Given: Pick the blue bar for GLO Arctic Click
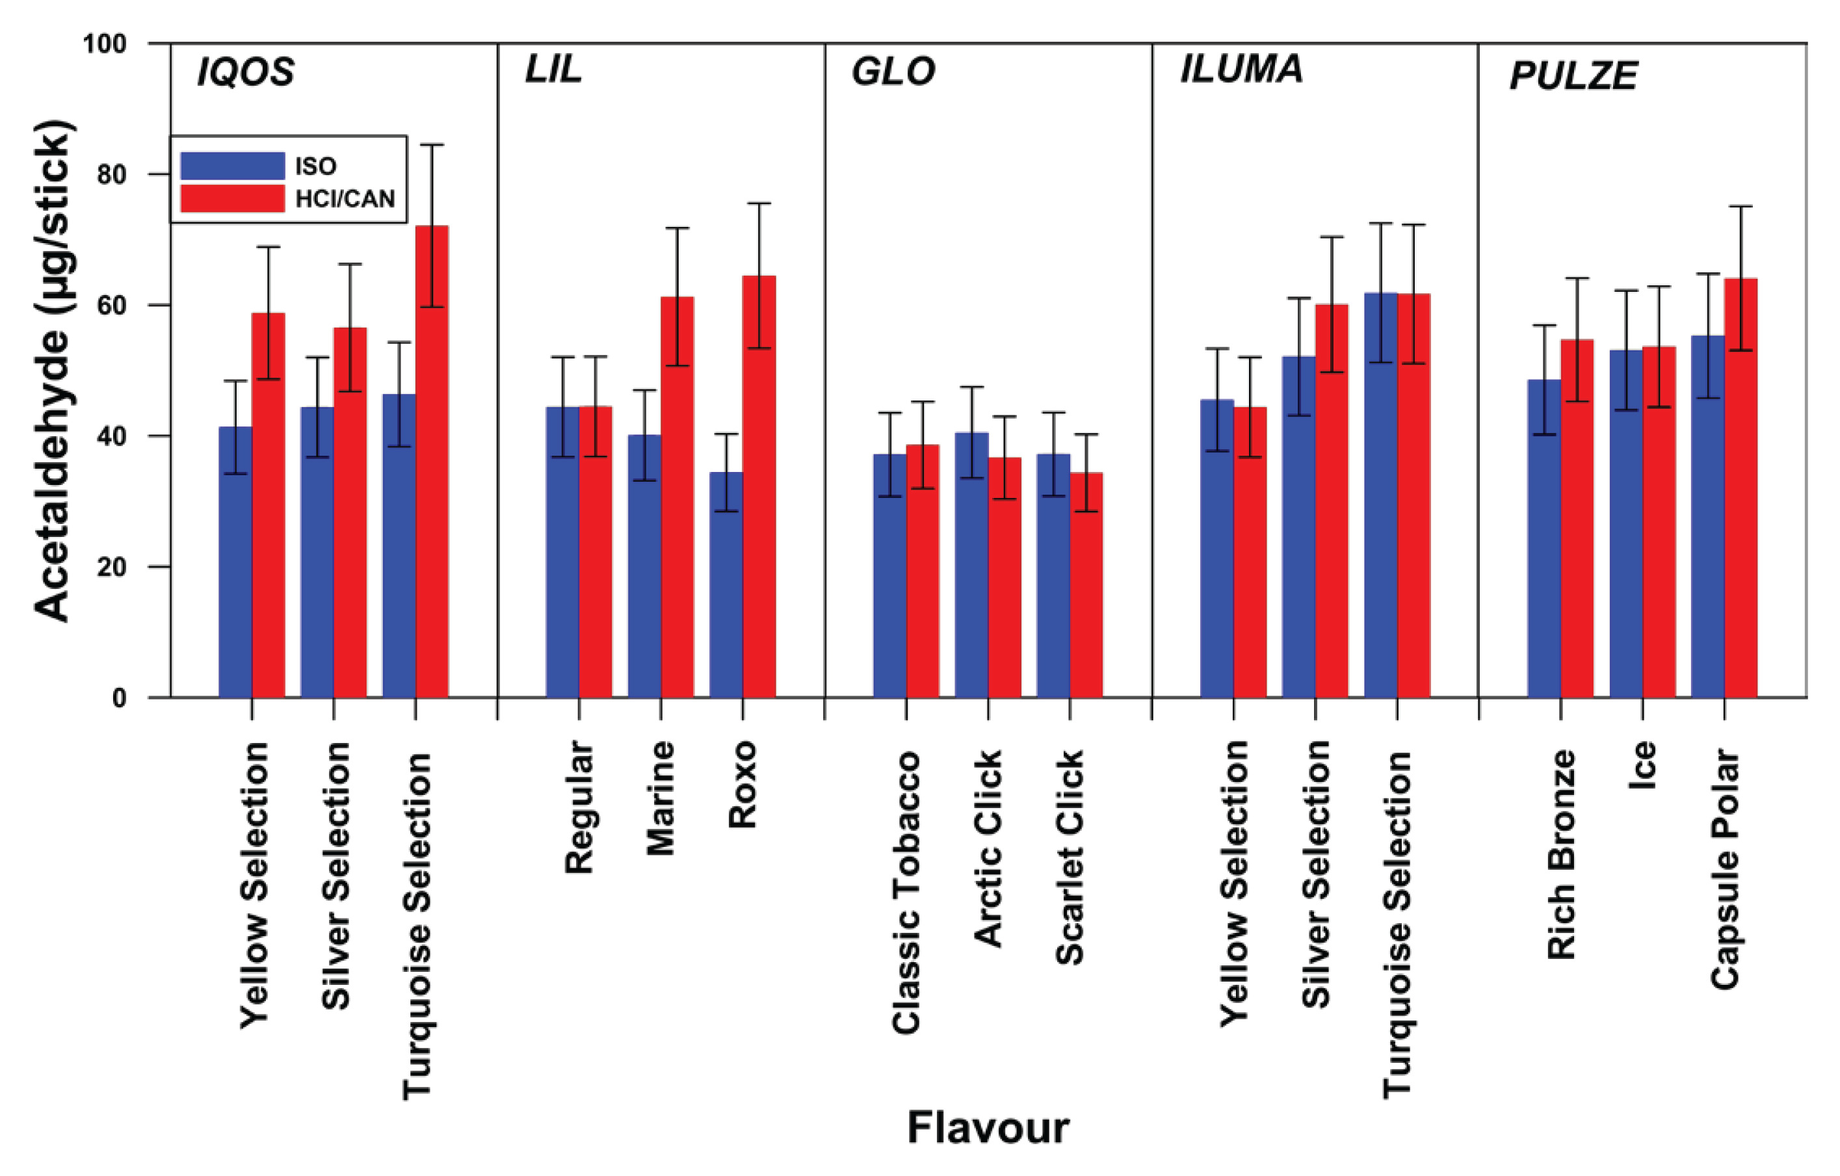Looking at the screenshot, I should pyautogui.click(x=971, y=565).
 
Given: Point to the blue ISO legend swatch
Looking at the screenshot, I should pyautogui.click(x=232, y=166).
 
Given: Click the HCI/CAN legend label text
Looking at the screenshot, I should pyautogui.click(x=345, y=200).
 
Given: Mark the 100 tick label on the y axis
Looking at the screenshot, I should pyautogui.click(x=105, y=44).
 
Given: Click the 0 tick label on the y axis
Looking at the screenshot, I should pyautogui.click(x=119, y=698).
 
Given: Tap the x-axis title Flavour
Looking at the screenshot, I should pyautogui.click(x=988, y=1128).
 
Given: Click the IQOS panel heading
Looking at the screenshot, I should pyautogui.click(x=246, y=73).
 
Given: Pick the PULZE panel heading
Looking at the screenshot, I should pyautogui.click(x=1573, y=75).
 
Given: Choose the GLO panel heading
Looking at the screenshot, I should pyautogui.click(x=893, y=72).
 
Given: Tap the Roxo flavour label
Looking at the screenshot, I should pyautogui.click(x=742, y=784).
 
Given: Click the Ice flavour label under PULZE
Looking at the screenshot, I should pyautogui.click(x=1643, y=765).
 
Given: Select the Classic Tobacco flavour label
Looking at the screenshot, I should pyautogui.click(x=906, y=893).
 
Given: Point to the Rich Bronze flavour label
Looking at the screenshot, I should pyautogui.click(x=1561, y=854).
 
